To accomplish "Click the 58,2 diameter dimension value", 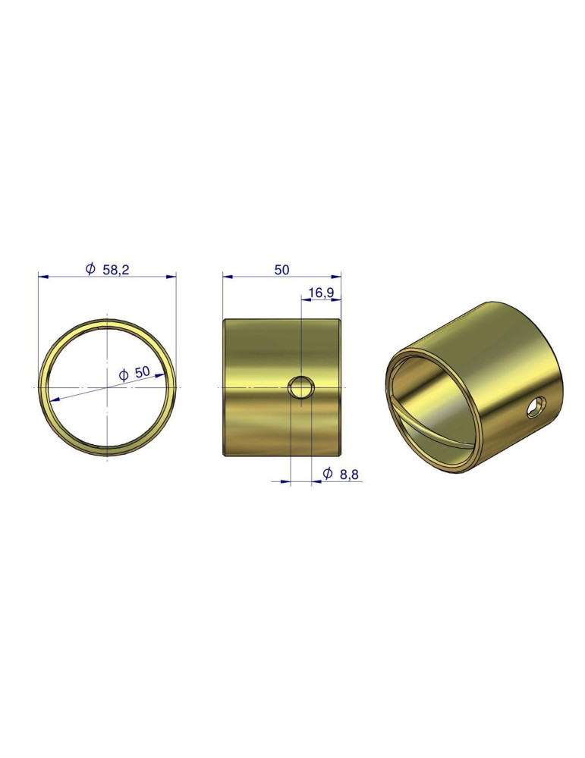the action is [115, 270].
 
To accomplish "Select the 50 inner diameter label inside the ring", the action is [142, 372].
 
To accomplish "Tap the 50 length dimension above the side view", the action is [281, 270].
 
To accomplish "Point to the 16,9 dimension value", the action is [321, 293].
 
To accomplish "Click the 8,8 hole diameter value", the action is [349, 475].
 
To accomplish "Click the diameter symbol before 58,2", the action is [90, 269].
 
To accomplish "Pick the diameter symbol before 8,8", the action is [328, 474].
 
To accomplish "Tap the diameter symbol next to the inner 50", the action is [124, 374].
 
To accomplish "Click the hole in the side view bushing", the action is [301, 387].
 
